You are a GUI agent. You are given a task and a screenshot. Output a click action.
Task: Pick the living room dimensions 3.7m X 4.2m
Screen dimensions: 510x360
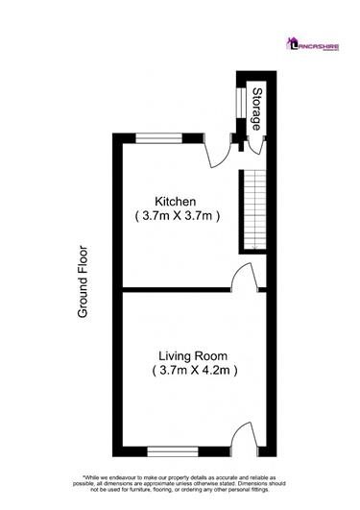point(195,369)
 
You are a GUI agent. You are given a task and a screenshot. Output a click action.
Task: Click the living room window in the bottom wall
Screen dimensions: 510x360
point(173,449)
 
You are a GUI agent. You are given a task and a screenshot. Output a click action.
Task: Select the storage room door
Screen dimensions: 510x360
point(255,143)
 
